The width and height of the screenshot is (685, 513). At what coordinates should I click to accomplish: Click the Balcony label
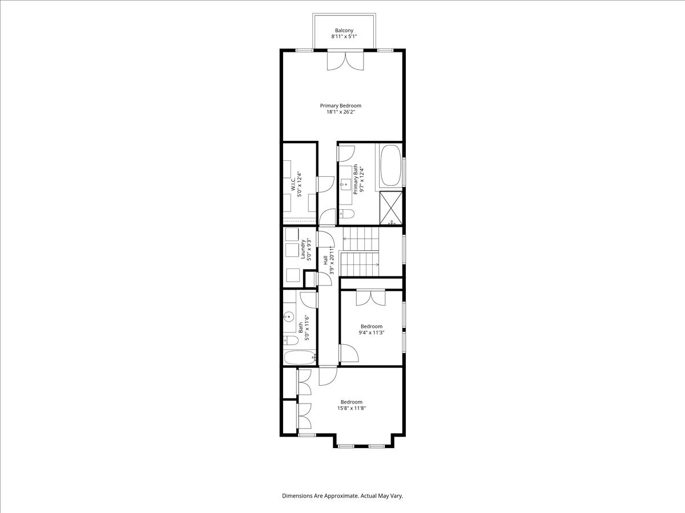pos(344,31)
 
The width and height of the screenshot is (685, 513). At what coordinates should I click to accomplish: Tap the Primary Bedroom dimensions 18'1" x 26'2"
pos(341,112)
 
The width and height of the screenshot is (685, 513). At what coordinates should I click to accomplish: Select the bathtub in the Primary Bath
pos(390,165)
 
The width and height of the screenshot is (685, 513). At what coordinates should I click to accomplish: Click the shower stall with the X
pos(390,207)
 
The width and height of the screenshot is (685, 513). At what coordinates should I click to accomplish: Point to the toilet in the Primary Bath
pos(346,214)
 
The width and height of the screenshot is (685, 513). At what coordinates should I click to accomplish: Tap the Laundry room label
pos(302,249)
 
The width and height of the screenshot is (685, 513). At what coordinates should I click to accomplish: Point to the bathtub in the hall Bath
pos(300,357)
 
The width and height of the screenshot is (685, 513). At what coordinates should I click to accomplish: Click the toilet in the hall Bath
pos(291,340)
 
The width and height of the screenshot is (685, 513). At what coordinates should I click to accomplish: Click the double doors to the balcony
pos(345,61)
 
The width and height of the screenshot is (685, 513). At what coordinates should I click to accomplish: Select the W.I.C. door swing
pos(325,184)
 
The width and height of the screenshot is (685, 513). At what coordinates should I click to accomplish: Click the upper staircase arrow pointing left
pos(361,239)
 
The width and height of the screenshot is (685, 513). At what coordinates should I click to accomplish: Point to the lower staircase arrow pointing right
pos(360,264)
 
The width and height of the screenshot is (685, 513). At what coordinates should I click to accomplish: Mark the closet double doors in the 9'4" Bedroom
pos(370,298)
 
